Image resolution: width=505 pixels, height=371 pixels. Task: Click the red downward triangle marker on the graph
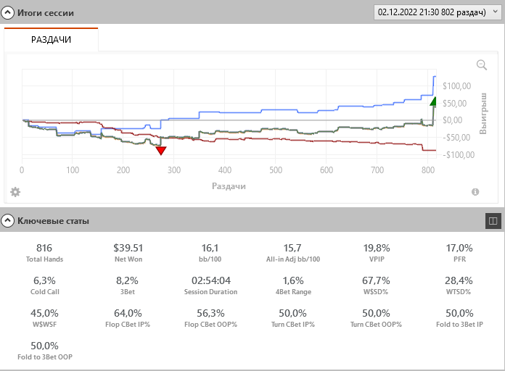(161, 150)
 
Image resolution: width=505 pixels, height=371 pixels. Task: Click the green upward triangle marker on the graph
(433, 101)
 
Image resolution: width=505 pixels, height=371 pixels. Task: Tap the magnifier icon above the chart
(481, 65)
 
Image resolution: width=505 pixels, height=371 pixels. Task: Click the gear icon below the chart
(15, 192)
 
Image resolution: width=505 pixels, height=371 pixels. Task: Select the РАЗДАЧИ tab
(51, 39)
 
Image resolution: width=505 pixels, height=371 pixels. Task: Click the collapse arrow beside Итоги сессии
(8, 13)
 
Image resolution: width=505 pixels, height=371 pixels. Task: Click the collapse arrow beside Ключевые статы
(8, 220)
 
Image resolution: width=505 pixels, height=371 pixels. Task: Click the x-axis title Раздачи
(229, 186)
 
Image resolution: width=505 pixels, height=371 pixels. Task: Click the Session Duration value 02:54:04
(211, 280)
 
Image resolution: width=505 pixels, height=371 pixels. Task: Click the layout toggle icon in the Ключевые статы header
(493, 221)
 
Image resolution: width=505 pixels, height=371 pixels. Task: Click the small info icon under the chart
(475, 192)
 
